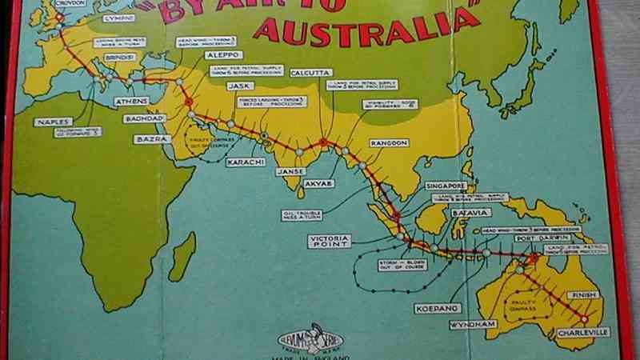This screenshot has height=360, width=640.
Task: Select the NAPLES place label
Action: (53, 122)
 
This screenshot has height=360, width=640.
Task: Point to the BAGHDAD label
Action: (143, 118)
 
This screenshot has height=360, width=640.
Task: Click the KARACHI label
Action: (246, 162)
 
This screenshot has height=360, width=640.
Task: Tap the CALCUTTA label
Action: (311, 73)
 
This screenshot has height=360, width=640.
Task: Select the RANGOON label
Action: (389, 142)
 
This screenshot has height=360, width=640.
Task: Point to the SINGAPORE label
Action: (446, 186)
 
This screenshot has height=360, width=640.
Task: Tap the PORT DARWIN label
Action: (535, 238)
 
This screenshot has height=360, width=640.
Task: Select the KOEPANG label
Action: (436, 308)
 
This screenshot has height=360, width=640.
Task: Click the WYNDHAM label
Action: (474, 324)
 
